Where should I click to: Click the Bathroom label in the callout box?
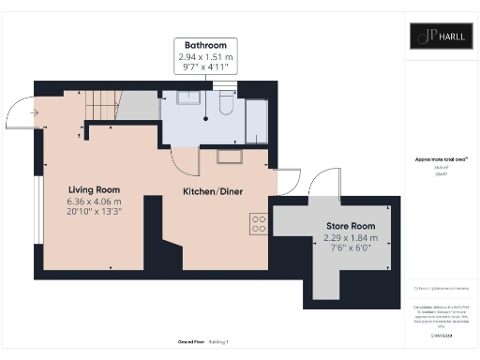205,45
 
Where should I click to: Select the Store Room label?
350,226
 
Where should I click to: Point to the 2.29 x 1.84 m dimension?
350,238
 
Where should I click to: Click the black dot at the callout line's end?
205,120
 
